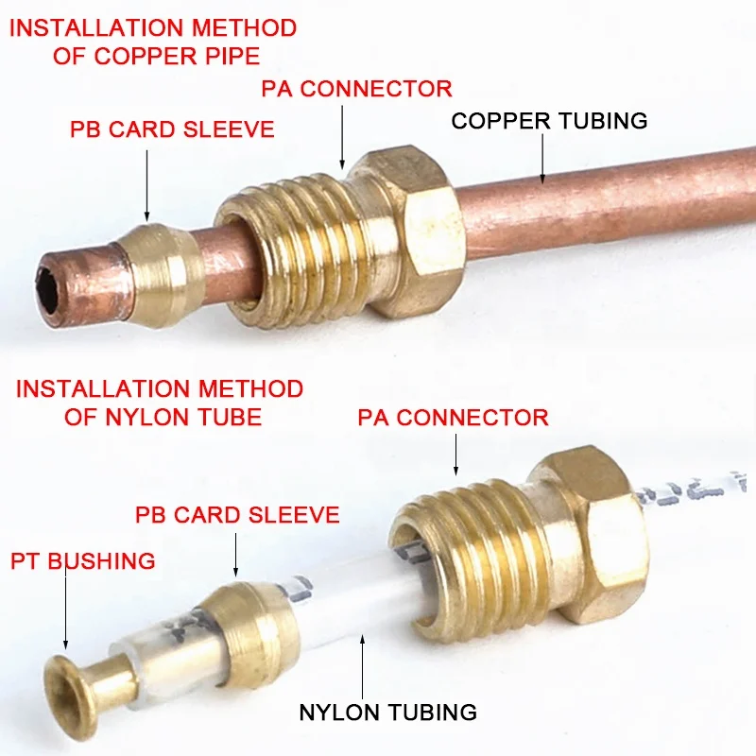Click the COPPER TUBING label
(x=549, y=121)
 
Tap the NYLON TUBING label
(x=387, y=712)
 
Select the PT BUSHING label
(x=82, y=561)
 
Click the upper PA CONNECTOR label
(x=356, y=89)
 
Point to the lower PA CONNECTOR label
(x=453, y=417)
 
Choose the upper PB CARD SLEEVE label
(x=172, y=129)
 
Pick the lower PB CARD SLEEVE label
(x=236, y=515)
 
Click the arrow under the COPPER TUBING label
(x=543, y=157)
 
